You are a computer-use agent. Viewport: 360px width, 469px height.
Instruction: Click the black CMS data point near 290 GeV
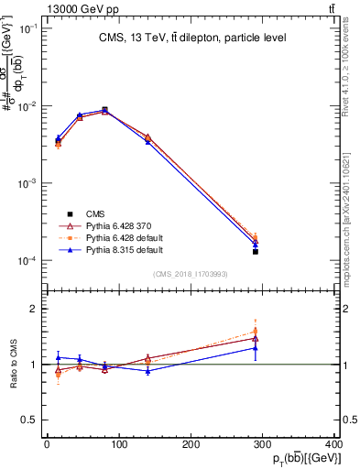(256, 251)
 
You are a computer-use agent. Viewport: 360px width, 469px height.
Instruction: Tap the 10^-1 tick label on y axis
(28, 28)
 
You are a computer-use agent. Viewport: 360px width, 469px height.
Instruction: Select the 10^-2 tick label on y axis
(28, 106)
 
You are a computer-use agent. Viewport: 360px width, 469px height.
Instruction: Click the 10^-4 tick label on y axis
(28, 261)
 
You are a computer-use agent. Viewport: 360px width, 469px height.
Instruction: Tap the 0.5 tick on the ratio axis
(31, 420)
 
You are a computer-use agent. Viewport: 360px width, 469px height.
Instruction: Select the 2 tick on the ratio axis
(35, 309)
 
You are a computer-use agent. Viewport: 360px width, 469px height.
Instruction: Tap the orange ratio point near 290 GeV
(256, 332)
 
